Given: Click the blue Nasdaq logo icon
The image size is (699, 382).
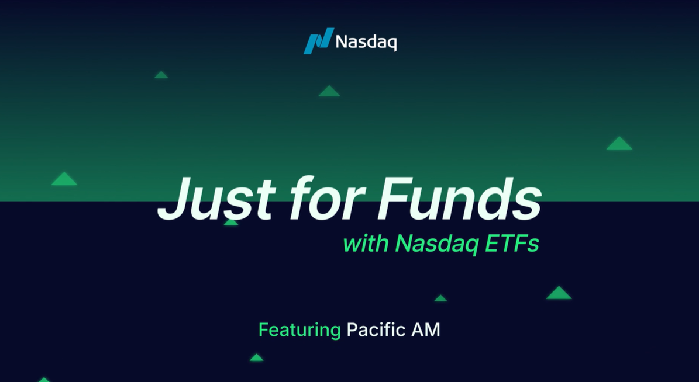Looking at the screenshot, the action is point(319,41).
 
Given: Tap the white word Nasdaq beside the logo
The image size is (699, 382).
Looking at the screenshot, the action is point(366,43).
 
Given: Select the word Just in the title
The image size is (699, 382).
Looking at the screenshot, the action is point(216,199).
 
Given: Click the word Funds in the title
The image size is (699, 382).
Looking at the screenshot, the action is point(460,199).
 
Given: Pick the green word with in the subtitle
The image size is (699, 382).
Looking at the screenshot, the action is point(366,244).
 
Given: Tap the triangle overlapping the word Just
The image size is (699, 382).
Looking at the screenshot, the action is point(231,221).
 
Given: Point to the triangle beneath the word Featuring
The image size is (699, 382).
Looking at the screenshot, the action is point(256,357).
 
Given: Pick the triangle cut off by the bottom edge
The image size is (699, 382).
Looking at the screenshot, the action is point(44,380).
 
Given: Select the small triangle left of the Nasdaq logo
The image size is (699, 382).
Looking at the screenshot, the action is point(161,75).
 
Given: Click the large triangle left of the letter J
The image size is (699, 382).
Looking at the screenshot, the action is point(64,179).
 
